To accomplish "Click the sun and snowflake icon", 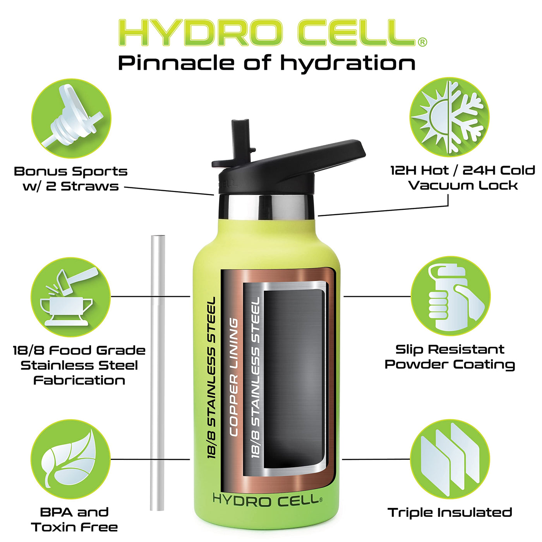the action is pos(449,117).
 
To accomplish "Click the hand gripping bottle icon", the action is pos(450,296).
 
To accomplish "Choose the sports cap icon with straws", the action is pos(71,118).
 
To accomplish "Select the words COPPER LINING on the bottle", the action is pos(234,378).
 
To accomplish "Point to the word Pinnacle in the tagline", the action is pos(176,63).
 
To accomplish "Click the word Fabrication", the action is pos(79,381).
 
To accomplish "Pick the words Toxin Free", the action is pos(75,527).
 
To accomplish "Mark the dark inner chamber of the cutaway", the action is pos(293,380).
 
